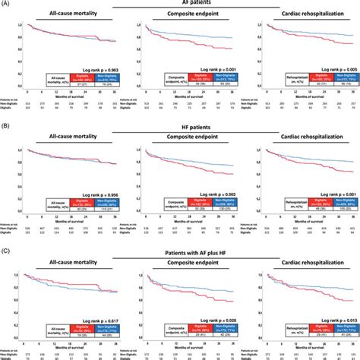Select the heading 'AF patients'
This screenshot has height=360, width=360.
tap(179, 5)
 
